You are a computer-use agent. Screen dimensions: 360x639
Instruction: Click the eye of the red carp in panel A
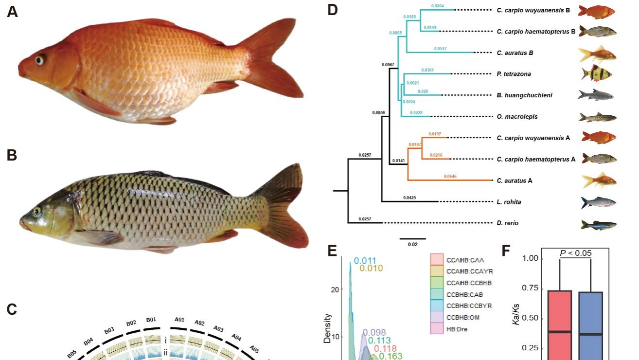(39, 60)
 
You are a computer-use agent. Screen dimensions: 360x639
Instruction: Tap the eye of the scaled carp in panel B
(36, 212)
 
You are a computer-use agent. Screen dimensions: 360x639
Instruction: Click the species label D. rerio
(507, 223)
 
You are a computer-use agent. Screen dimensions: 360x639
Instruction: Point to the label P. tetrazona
(513, 74)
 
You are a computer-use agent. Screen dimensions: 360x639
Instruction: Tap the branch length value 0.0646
(450, 176)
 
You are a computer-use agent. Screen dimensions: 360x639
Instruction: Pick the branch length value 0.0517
(440, 49)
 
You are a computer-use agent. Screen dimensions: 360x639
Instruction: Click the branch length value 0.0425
(410, 198)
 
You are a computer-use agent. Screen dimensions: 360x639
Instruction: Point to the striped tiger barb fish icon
(596, 73)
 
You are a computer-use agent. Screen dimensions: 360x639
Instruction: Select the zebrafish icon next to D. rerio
(599, 224)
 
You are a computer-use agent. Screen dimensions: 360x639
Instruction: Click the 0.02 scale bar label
(412, 244)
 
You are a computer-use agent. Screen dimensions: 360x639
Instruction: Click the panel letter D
(332, 10)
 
